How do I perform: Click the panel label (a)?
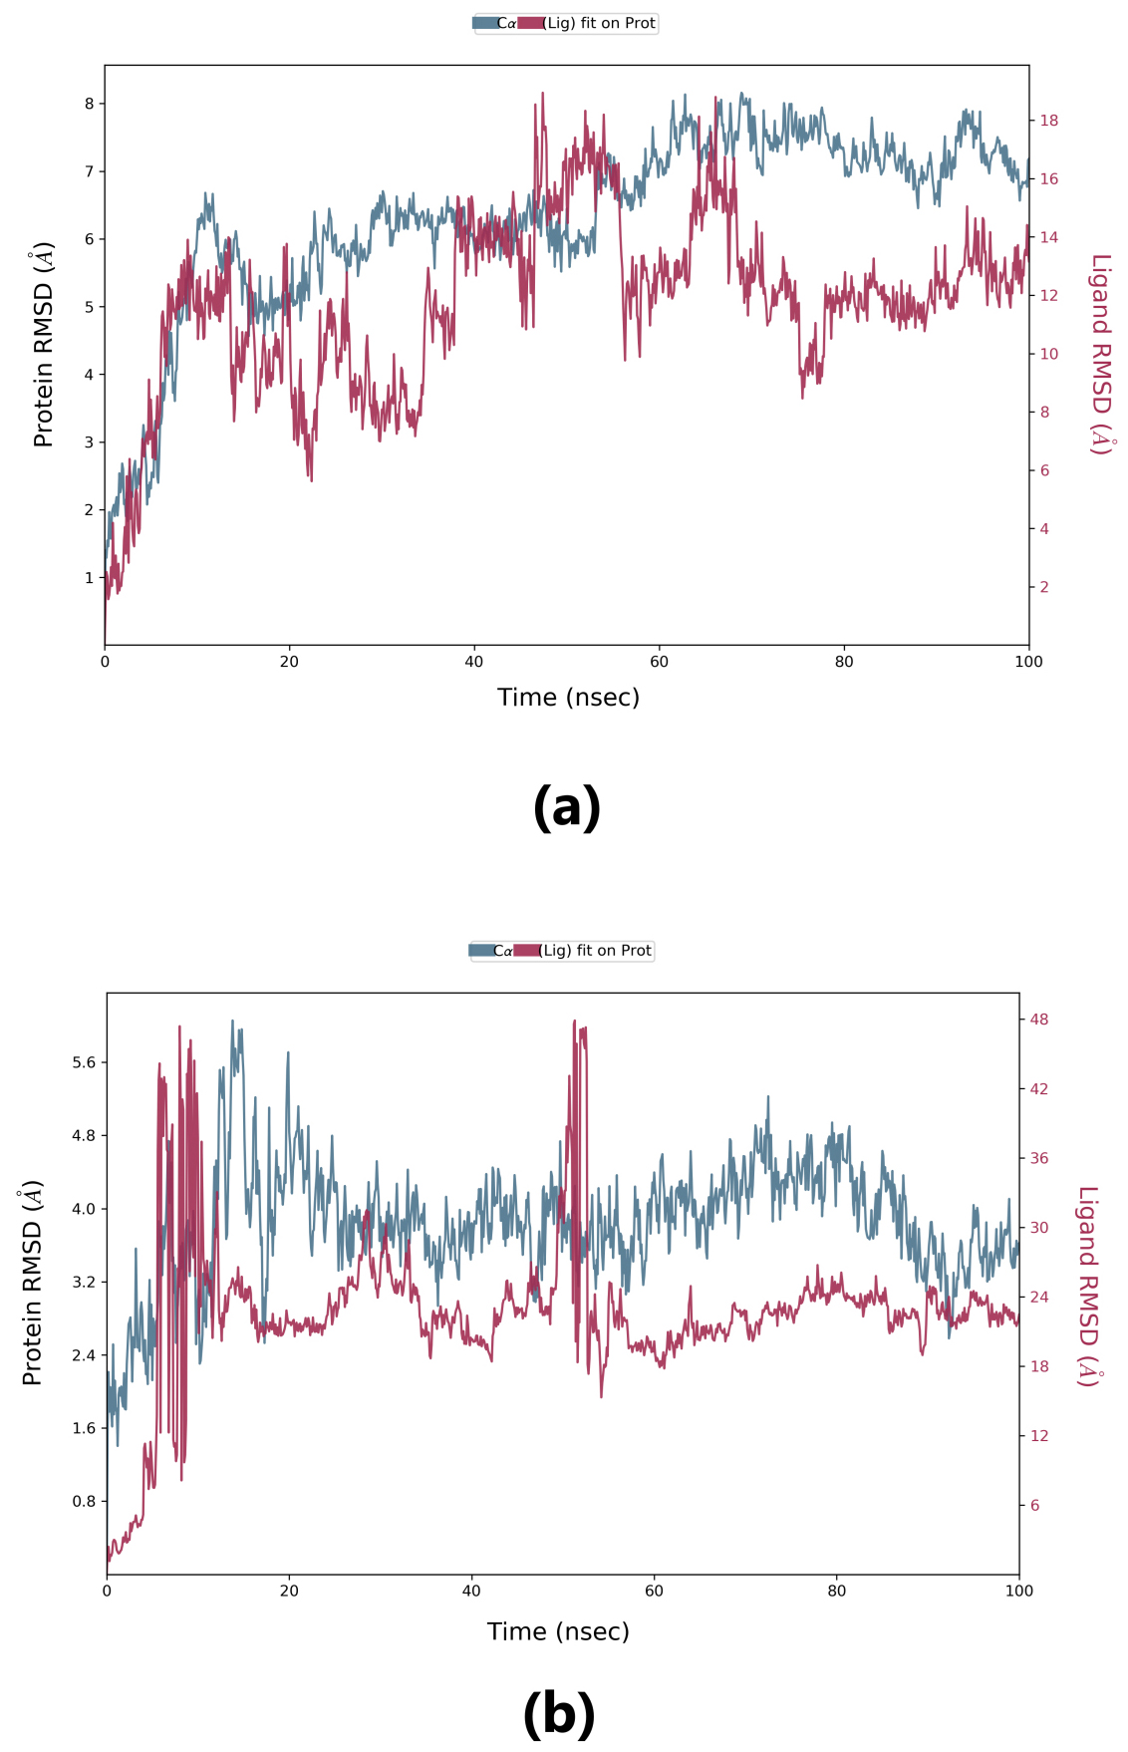click(566, 807)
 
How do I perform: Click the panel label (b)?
click(558, 1714)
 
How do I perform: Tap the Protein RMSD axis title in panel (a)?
click(43, 344)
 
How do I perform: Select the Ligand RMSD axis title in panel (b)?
click(1088, 1286)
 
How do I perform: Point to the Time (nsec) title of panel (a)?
click(568, 698)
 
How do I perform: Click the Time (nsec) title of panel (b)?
click(558, 1631)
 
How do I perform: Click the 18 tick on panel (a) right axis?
click(1048, 121)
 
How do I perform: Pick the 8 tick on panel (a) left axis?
click(89, 104)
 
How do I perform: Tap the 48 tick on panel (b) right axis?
click(1039, 1020)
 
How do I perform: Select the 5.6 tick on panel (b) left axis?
click(84, 1062)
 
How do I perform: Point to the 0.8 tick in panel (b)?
click(84, 1502)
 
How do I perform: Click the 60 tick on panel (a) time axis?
click(659, 662)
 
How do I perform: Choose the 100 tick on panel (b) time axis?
click(1018, 1592)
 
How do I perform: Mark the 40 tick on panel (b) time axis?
click(471, 1592)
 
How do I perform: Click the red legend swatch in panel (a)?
click(530, 23)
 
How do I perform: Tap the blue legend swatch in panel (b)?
click(481, 951)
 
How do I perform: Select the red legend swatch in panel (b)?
click(526, 951)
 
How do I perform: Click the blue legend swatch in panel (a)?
click(485, 23)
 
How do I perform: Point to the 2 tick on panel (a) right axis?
click(1044, 587)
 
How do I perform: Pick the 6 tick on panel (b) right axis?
click(1035, 1506)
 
